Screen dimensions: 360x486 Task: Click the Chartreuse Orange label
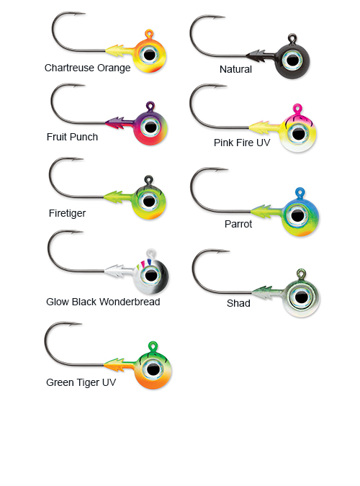coord(87,68)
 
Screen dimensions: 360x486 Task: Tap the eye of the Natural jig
coord(292,60)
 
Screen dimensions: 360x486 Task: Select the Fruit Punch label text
coord(72,137)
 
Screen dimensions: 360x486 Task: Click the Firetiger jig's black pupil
coord(149,202)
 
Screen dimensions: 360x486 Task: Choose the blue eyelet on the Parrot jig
coord(300,193)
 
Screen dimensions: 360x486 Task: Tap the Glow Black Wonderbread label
coord(103,302)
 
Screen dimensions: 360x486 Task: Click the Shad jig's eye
coord(300,297)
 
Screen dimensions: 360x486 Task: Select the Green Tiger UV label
coord(81,383)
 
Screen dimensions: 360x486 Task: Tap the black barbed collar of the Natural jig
coord(260,55)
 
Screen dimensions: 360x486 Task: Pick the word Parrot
coord(238,224)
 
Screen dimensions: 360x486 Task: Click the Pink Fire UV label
coord(242,143)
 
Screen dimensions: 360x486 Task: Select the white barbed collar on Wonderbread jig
coord(119,271)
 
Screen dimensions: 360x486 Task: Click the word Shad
coord(238,303)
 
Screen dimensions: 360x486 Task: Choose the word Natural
coord(235,69)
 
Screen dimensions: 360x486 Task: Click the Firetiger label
coord(67,213)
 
